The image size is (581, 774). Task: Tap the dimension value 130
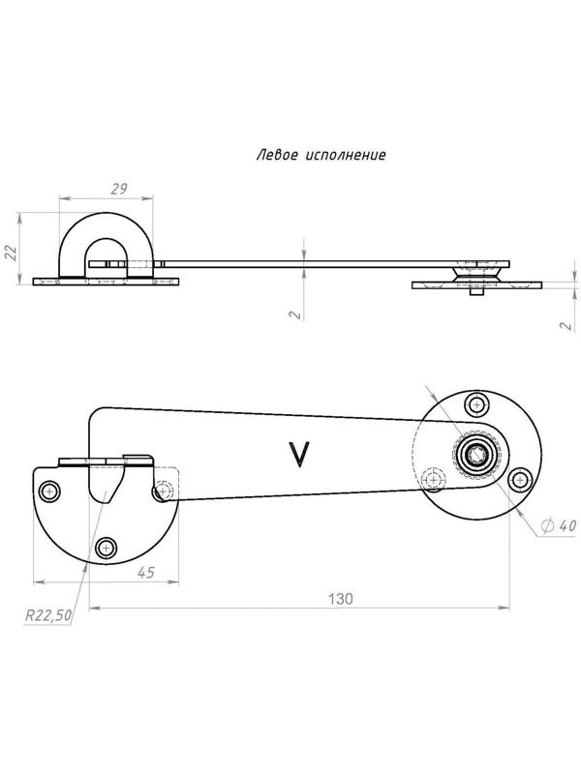coord(341,599)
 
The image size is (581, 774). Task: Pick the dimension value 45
coord(145,573)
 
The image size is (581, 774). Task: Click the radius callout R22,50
coord(48,613)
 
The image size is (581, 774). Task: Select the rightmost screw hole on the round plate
coord(519,479)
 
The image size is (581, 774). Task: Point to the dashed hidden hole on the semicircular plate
coord(166,491)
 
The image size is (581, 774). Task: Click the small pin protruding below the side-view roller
coord(475,296)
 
